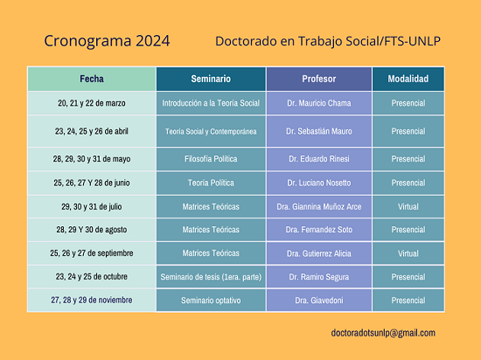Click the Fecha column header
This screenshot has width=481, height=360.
[92, 79]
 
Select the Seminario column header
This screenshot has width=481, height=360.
[211, 79]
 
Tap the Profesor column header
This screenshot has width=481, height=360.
[319, 79]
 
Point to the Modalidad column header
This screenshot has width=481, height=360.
[408, 79]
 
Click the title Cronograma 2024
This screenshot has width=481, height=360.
[107, 41]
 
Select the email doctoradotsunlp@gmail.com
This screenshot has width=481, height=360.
[383, 333]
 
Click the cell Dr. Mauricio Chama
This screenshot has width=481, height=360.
[319, 103]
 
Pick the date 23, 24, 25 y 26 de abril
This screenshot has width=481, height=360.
[92, 131]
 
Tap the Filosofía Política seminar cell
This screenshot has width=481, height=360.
[211, 159]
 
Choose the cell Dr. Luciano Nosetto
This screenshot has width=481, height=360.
[319, 183]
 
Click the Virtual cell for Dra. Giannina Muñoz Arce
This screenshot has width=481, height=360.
[408, 207]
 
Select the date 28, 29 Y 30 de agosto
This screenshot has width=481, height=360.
[92, 230]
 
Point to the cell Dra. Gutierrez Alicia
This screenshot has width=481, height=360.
[319, 253]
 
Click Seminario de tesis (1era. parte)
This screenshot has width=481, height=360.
[211, 277]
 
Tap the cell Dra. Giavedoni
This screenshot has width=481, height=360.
[319, 301]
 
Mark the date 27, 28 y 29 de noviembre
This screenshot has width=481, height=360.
[92, 300]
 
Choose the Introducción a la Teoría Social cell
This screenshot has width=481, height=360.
[211, 103]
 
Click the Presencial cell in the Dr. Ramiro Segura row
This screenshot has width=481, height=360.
[408, 277]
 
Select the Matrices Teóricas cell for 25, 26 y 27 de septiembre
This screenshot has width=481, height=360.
[211, 253]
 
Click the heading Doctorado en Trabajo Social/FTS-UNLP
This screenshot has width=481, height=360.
[328, 41]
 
